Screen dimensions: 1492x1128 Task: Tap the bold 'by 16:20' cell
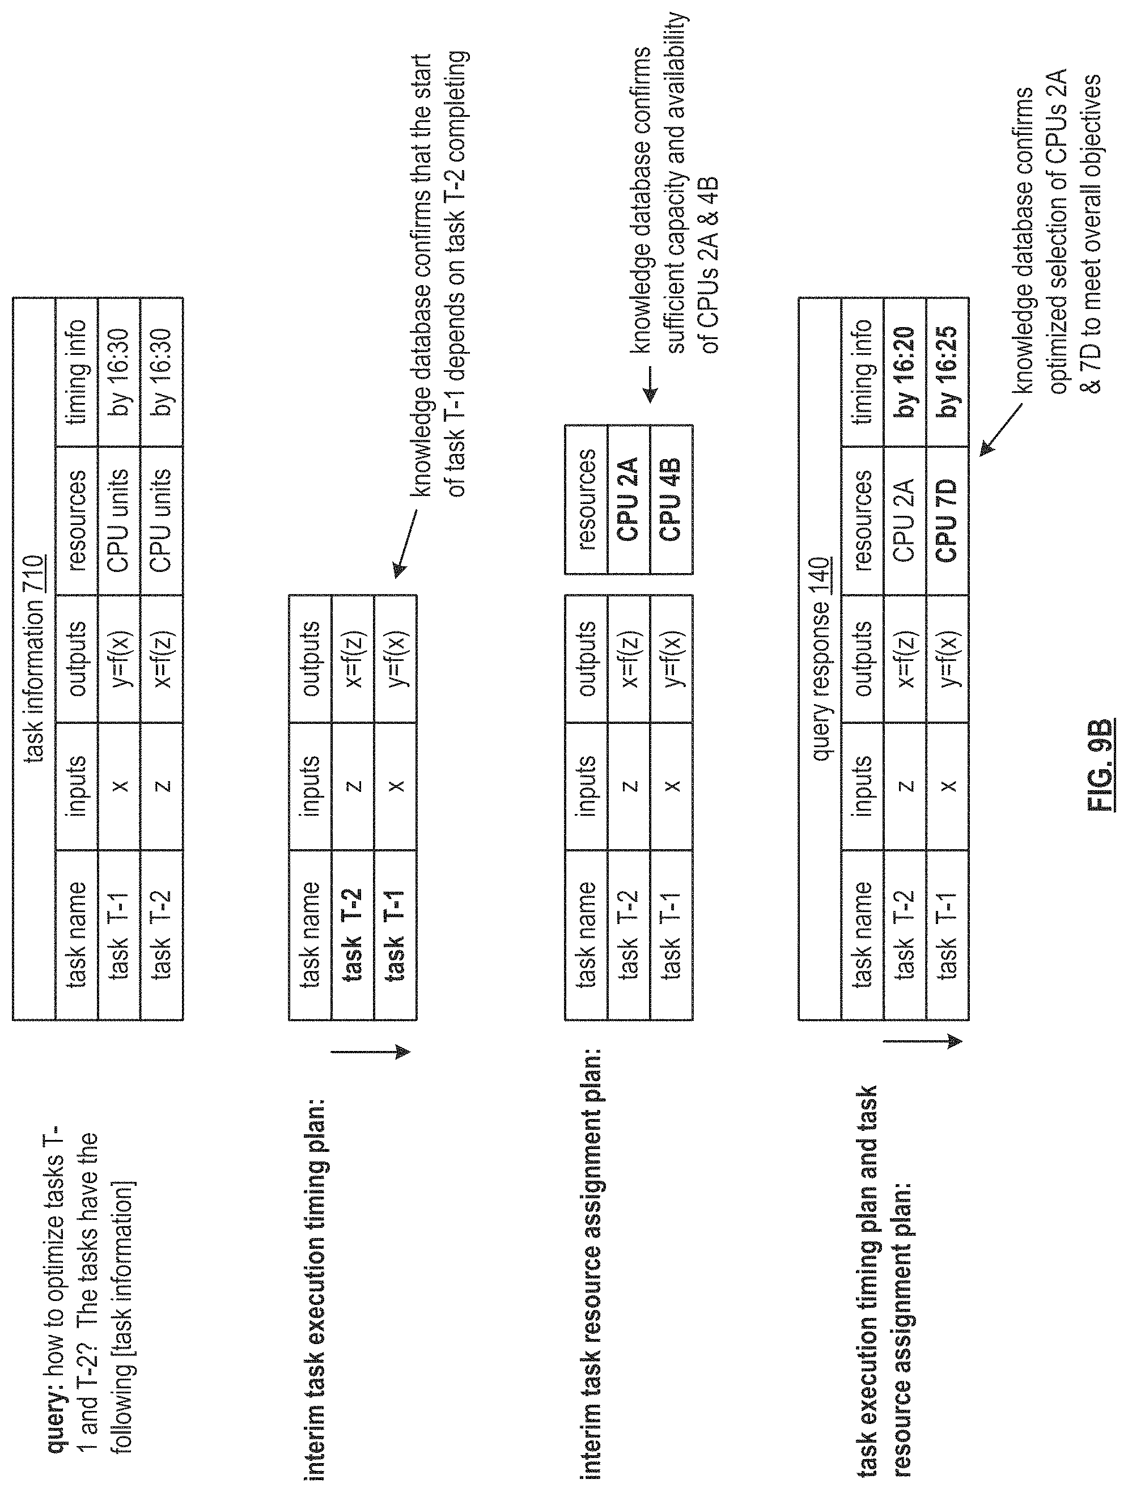click(905, 372)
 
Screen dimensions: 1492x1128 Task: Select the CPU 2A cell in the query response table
click(905, 520)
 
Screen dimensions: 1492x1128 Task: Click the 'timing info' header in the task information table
click(77, 372)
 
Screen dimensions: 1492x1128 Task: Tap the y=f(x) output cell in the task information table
click(120, 659)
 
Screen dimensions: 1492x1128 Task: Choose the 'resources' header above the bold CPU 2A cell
click(586, 499)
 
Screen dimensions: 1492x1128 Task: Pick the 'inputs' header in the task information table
click(77, 786)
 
